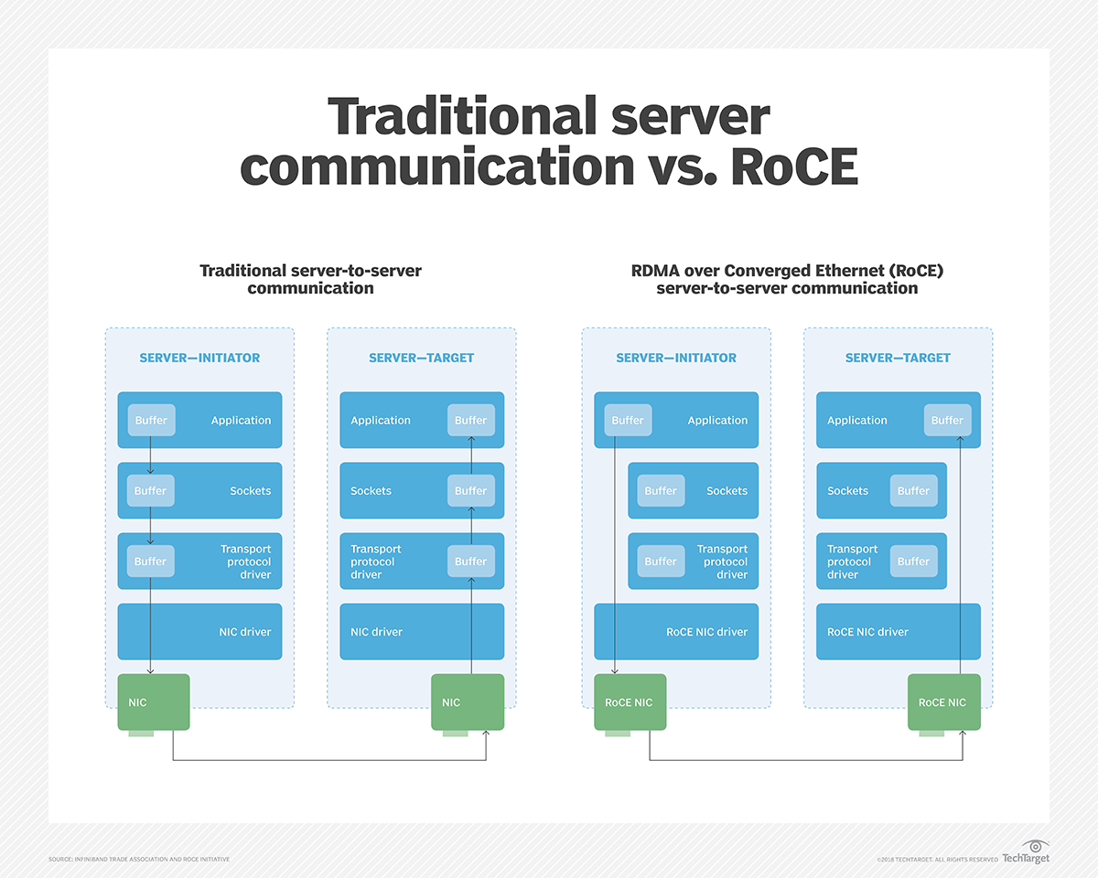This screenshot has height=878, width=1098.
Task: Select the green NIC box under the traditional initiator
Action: click(154, 701)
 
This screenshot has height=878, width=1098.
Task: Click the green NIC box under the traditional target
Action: click(468, 701)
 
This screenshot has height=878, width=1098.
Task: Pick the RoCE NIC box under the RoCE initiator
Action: click(630, 701)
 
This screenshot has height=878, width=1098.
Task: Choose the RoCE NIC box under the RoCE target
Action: click(943, 701)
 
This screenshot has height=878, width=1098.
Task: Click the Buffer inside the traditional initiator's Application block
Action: click(151, 421)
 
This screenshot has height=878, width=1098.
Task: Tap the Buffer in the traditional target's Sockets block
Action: click(470, 491)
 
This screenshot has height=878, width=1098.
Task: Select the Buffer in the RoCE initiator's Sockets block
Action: click(661, 491)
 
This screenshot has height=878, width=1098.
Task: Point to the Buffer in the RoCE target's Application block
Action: click(947, 421)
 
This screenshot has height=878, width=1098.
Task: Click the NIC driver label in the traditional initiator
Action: click(245, 632)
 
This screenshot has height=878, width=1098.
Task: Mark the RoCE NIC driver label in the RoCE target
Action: click(867, 632)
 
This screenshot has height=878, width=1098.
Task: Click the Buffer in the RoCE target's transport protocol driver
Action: click(913, 562)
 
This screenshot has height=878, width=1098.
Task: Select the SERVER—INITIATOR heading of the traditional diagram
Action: click(199, 358)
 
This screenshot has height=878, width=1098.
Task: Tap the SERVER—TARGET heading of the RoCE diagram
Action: click(898, 358)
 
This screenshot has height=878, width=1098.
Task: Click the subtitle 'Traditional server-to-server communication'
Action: click(310, 279)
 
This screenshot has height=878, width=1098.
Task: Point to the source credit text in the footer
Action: click(139, 860)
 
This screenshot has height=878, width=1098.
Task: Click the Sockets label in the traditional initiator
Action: click(251, 491)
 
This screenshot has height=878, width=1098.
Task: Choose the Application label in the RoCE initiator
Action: click(717, 421)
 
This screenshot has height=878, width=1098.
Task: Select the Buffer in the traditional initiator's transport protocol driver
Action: click(151, 562)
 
